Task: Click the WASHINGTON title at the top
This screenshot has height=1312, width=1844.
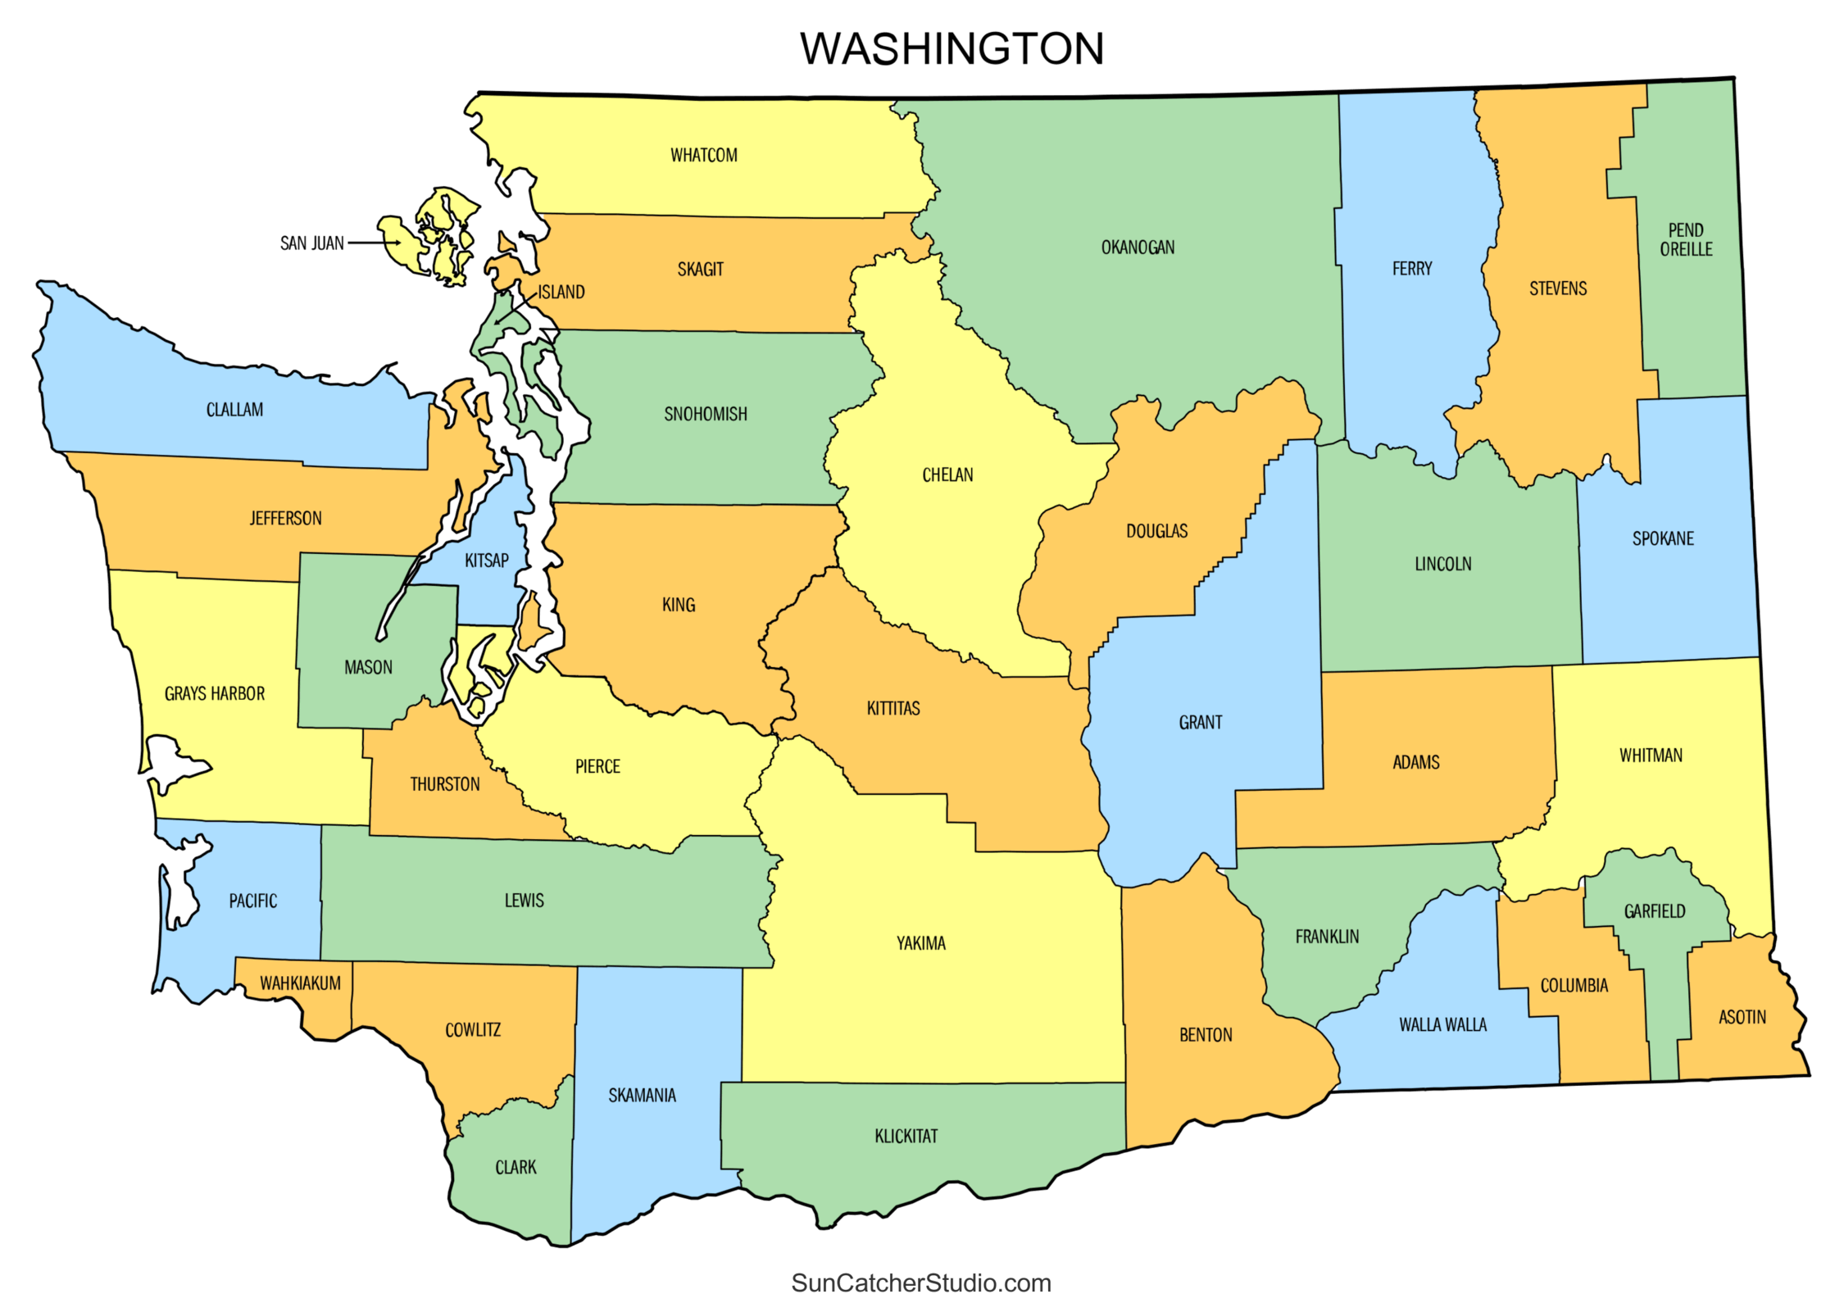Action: (x=952, y=48)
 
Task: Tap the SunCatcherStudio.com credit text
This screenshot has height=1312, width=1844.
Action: (x=920, y=1282)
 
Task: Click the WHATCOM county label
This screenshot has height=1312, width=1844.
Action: (x=703, y=156)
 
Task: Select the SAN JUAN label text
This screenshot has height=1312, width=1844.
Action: (x=311, y=243)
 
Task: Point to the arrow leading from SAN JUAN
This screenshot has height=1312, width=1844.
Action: (x=373, y=243)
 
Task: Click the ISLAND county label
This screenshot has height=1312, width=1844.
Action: (x=561, y=293)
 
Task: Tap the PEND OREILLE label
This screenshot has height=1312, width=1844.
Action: (x=1685, y=239)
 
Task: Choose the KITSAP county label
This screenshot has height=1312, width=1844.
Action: (x=486, y=561)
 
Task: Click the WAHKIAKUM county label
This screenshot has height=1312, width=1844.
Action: (x=300, y=983)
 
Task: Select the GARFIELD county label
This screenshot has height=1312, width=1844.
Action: (x=1654, y=911)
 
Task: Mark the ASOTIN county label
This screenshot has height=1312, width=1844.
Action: (x=1742, y=1017)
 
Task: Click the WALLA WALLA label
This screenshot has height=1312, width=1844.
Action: (x=1442, y=1024)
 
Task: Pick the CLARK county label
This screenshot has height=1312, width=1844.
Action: (x=515, y=1167)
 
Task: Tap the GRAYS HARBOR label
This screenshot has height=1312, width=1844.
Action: (x=215, y=694)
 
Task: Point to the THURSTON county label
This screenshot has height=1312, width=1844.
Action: (x=444, y=784)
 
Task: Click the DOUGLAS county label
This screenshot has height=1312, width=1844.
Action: (x=1156, y=531)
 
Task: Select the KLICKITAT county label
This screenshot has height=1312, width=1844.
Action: (x=906, y=1136)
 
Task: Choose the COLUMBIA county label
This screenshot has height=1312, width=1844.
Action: (x=1574, y=986)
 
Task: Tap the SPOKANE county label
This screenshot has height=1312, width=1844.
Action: (x=1662, y=538)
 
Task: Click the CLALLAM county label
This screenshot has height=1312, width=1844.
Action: (x=234, y=410)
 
